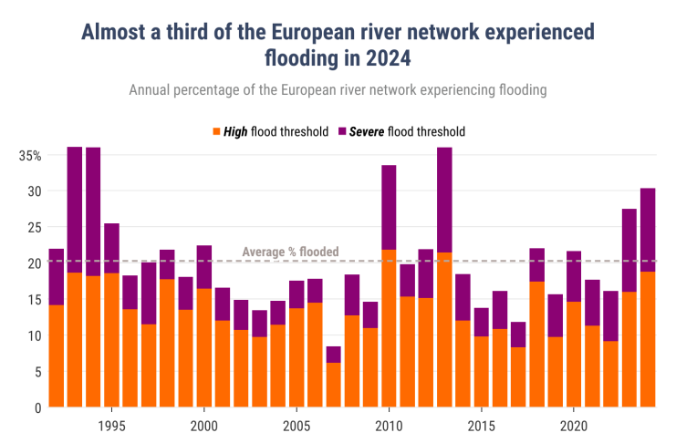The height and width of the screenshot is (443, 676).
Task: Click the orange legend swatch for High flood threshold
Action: point(216,131)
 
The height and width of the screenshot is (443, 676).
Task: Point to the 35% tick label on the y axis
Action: point(30,155)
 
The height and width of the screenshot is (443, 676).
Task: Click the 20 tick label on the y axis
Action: point(34,263)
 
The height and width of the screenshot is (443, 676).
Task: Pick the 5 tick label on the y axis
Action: point(37,372)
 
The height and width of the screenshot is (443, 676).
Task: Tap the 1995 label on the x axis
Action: point(111,426)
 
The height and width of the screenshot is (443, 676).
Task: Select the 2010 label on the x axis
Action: point(389,426)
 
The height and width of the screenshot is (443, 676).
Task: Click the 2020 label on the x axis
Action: point(573,426)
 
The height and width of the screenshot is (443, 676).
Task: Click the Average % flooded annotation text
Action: point(290,252)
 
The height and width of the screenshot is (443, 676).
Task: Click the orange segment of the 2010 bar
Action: point(389,328)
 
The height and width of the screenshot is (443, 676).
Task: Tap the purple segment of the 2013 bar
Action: point(444,200)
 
